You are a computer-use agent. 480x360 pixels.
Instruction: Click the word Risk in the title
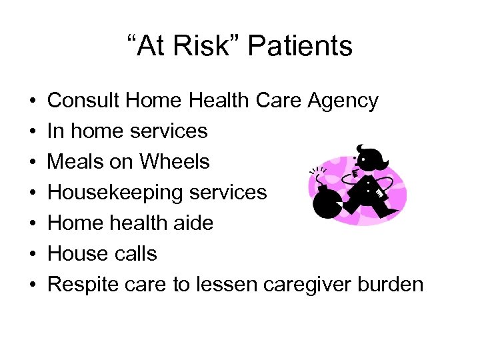coord(213,47)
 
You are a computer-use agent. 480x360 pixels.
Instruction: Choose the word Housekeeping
coord(109,193)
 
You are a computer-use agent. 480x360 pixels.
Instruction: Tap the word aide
coord(193,223)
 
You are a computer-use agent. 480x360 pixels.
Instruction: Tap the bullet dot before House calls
coord(33,254)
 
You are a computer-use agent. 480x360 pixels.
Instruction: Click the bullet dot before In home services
coord(33,131)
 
